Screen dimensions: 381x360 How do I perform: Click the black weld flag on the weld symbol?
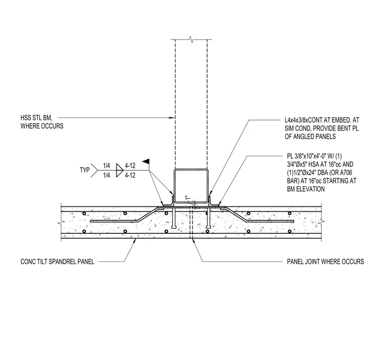[145, 161]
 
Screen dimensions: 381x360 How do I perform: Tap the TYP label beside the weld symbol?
[85, 170]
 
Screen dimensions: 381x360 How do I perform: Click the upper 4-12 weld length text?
[130, 166]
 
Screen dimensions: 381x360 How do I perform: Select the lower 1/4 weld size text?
[107, 175]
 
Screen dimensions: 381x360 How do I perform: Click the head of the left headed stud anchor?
[174, 227]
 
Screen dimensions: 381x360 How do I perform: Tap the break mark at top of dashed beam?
[192, 40]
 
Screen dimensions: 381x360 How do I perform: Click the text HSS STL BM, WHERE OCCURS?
[42, 122]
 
